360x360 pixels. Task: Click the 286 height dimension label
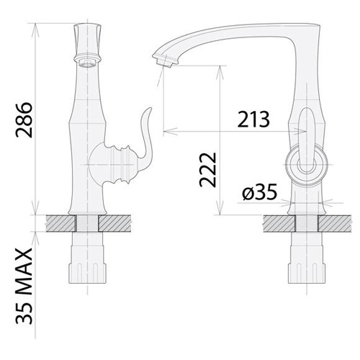point(24,120)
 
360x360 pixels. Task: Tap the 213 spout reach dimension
point(253,120)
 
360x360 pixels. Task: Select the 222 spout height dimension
point(208,169)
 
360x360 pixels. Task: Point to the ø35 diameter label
point(260,192)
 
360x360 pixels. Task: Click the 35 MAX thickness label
point(24,286)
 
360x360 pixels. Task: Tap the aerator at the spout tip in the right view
point(166,60)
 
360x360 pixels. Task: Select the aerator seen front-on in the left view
point(88,63)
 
